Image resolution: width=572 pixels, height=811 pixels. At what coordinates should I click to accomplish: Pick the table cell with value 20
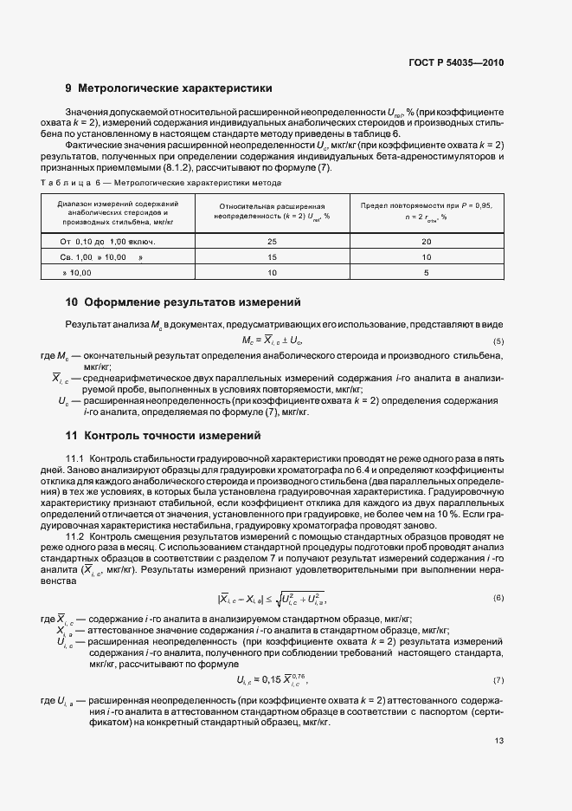pyautogui.click(x=426, y=239)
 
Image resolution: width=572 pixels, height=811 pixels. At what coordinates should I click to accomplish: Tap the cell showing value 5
pyautogui.click(x=426, y=273)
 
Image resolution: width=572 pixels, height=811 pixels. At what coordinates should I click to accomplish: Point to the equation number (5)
pyautogui.click(x=498, y=341)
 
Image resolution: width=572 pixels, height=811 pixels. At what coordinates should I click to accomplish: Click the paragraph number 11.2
pyautogui.click(x=75, y=536)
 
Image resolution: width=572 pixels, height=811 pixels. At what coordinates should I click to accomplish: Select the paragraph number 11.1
pyautogui.click(x=75, y=457)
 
